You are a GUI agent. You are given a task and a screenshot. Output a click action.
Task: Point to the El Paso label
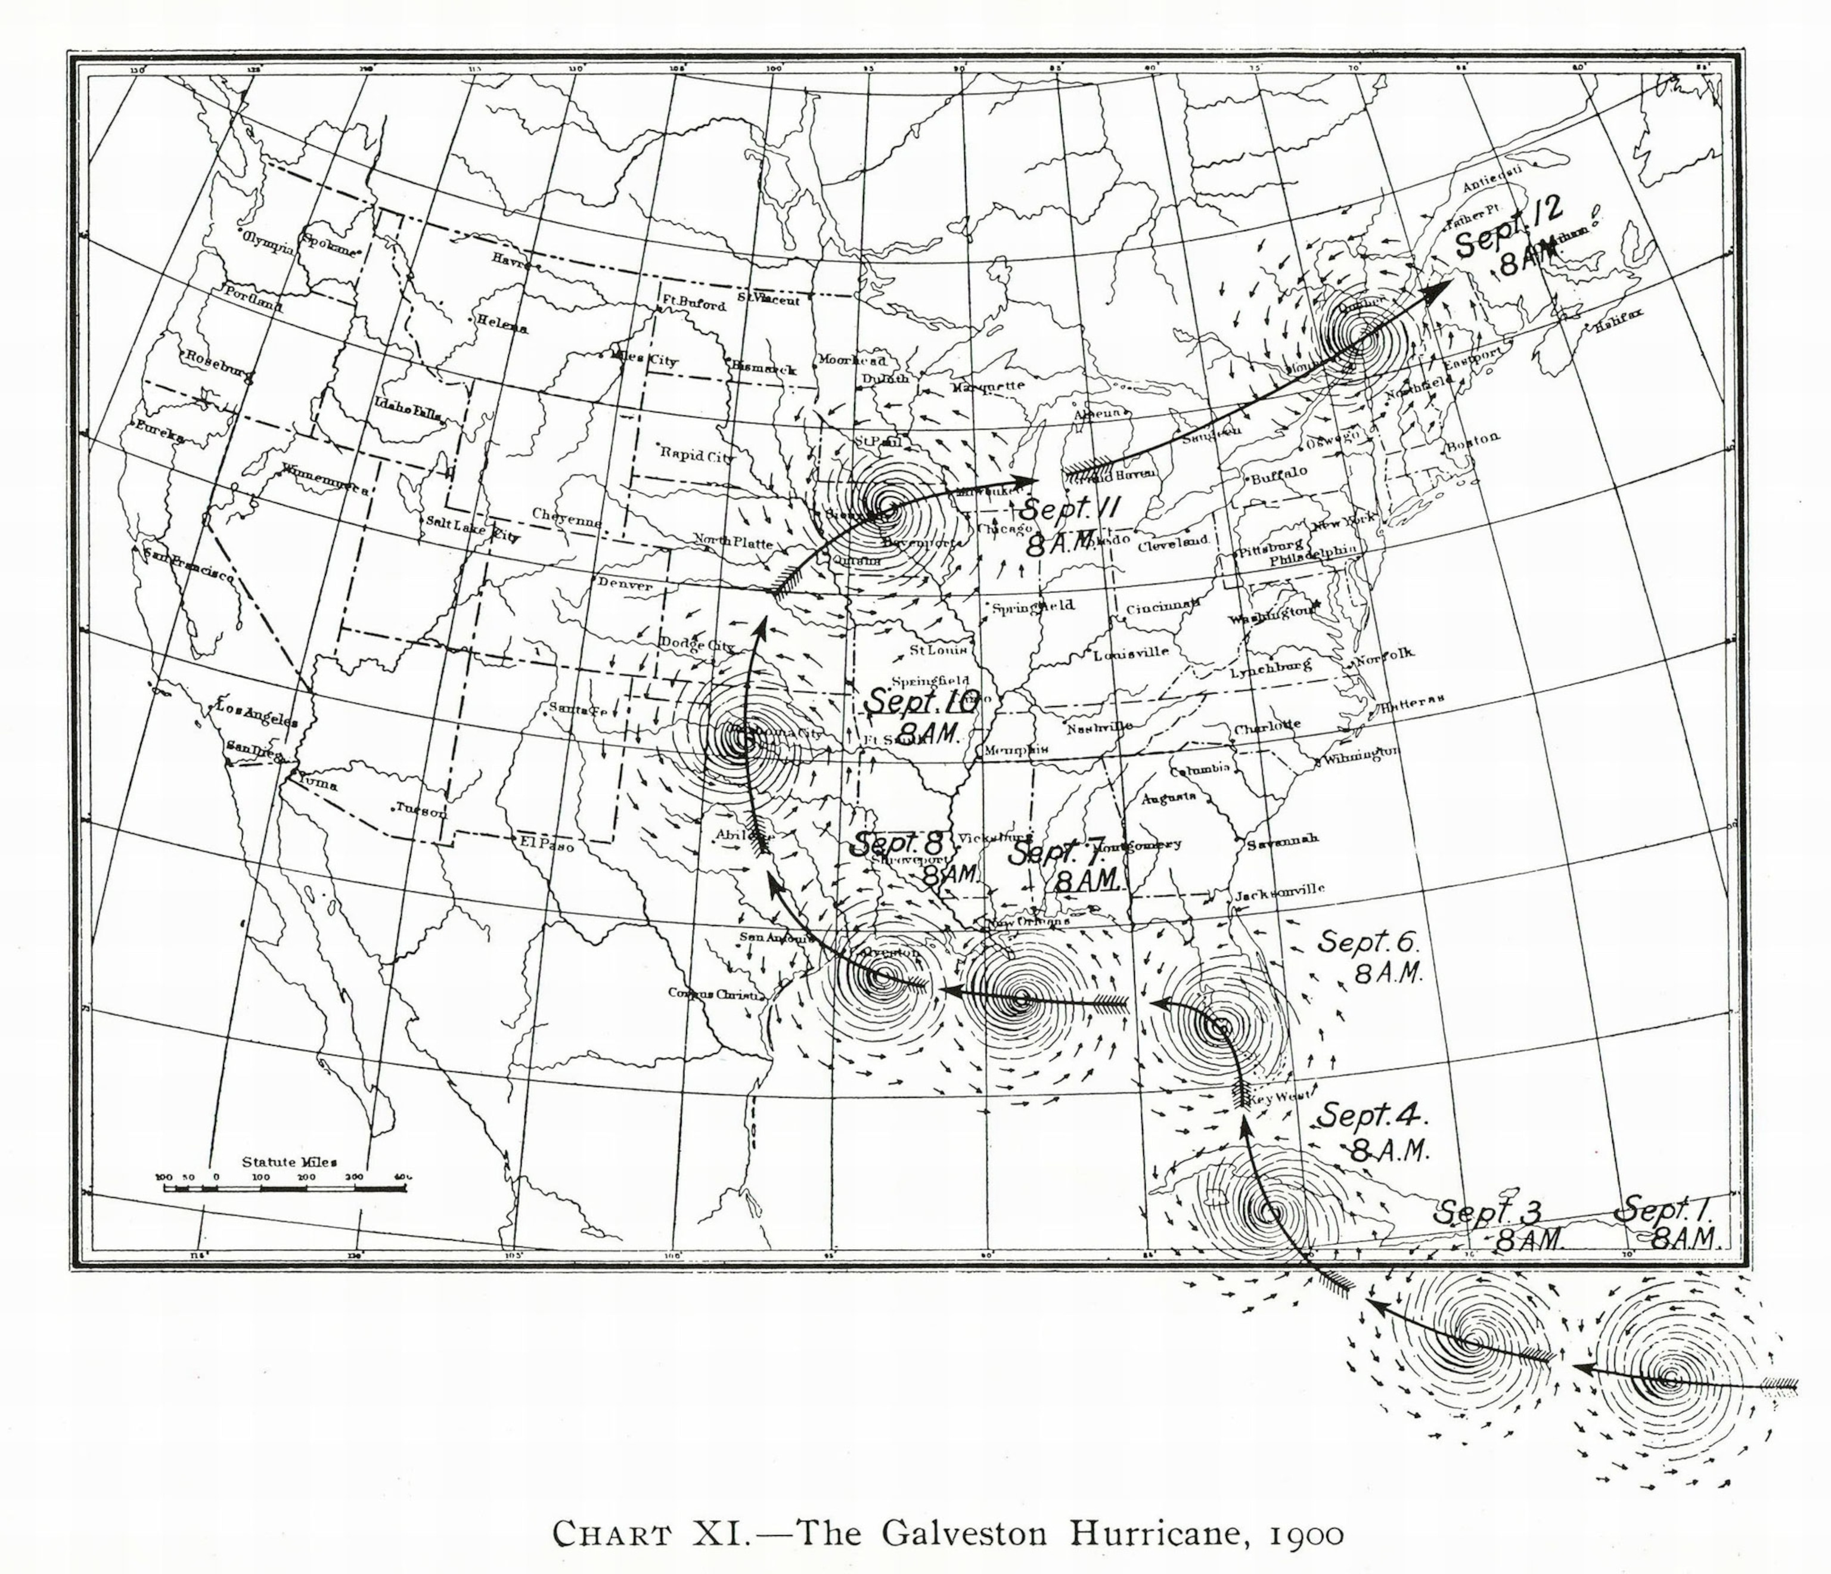[x=549, y=845]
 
